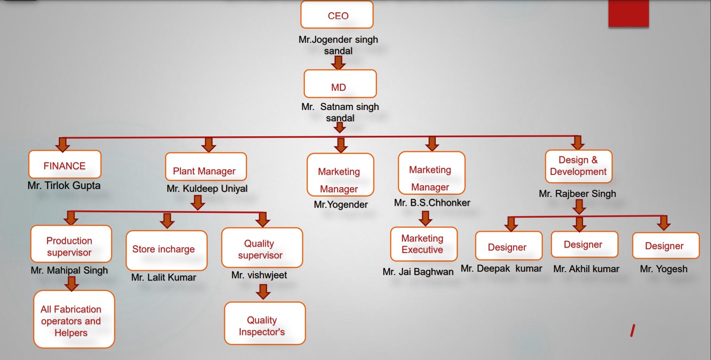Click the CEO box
[x=337, y=15]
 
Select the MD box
[x=340, y=84]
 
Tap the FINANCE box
[x=65, y=164]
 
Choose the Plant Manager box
[x=205, y=167]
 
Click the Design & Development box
[x=578, y=166]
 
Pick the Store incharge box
[x=166, y=250]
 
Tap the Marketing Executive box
[x=423, y=244]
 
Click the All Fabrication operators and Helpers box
[x=74, y=319]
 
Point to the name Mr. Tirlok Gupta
[x=64, y=186]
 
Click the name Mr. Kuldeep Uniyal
[x=207, y=189]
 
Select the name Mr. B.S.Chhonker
[x=432, y=203]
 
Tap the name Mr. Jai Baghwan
[x=418, y=272]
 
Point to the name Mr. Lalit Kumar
[x=164, y=277]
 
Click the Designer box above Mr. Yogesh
[x=665, y=245]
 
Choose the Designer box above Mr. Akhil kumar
[x=584, y=244]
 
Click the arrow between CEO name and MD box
[x=338, y=62]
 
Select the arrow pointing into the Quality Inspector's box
[x=264, y=291]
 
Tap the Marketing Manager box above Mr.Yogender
[x=340, y=174]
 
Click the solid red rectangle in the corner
[x=628, y=13]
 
